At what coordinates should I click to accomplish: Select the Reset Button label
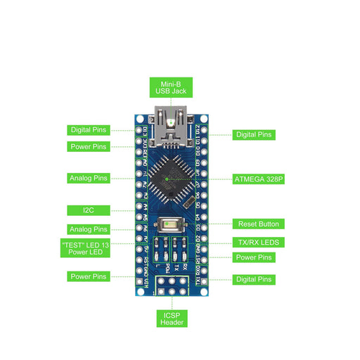257,224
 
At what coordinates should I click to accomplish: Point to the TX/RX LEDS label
257,242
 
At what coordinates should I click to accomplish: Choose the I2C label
89,210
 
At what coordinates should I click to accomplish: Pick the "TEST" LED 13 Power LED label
89,247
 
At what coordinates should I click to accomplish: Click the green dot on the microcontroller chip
167,179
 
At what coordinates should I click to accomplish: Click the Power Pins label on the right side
255,257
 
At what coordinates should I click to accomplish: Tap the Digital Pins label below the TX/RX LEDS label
255,279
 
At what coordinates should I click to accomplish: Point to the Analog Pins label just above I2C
89,178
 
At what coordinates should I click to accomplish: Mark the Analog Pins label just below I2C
89,229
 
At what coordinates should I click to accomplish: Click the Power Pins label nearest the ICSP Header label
89,276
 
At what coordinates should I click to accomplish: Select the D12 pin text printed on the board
197,129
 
